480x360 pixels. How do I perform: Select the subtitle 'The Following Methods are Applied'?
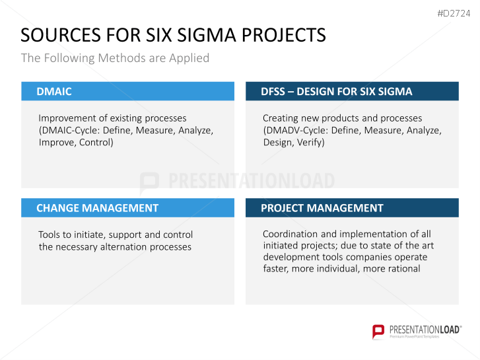115,58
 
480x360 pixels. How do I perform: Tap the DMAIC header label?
54,91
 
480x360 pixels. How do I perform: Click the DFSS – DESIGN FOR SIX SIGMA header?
336,91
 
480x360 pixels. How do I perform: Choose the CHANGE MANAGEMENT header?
97,208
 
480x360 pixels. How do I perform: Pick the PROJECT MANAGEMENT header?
322,208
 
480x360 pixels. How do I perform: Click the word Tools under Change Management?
50,234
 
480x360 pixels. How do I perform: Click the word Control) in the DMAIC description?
96,142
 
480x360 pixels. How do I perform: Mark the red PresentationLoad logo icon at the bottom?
378,331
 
